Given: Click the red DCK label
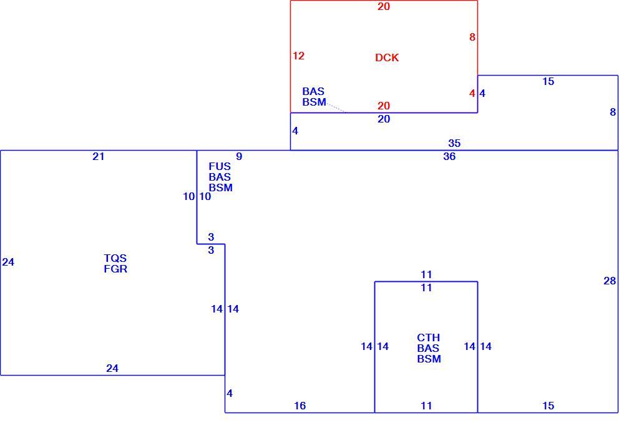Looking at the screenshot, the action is point(387,57).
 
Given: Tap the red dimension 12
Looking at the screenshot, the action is point(298,56).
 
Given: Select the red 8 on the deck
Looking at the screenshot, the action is point(472,37).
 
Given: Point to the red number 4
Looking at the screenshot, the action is point(472,93).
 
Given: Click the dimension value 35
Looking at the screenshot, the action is point(454,143).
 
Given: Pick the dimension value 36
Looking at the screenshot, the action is point(449,156).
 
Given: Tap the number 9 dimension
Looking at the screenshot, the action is point(239,156).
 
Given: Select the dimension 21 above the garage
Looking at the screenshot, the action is point(99,156).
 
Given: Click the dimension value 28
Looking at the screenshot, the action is point(610,281).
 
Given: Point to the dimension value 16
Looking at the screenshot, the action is point(300,406).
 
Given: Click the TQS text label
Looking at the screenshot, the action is point(115,258).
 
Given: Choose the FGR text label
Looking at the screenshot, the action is point(115,269).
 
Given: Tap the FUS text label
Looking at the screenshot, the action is point(220,166).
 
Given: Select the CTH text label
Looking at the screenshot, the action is point(429,337).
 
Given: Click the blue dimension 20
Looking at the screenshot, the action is point(384,119).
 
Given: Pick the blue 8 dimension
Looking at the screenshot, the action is point(613,112).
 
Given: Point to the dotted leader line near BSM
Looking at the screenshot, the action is point(337,107).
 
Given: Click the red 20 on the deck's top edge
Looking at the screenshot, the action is point(384,6).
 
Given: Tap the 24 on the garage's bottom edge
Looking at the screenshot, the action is point(112,368).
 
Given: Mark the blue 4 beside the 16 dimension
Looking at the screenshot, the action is point(230,393).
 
